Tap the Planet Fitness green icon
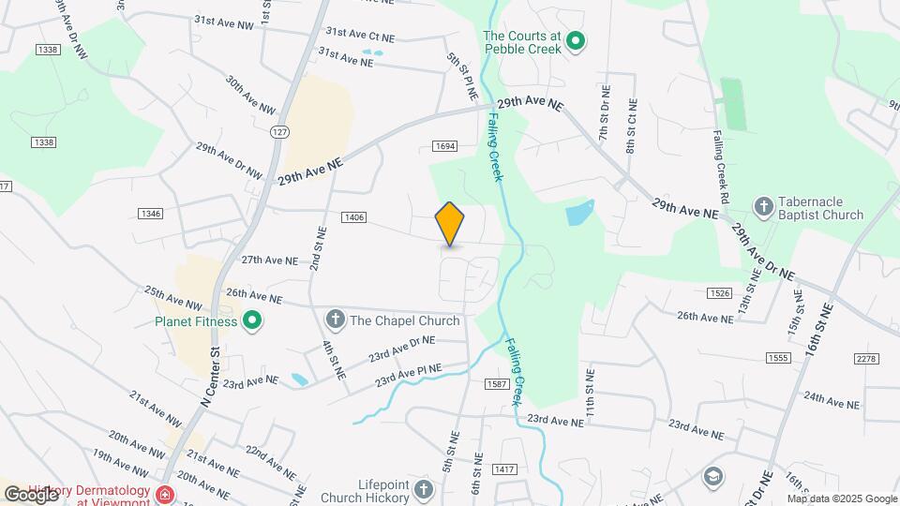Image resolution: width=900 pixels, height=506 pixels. click(x=251, y=321)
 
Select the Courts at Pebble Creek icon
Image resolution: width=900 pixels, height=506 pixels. click(x=577, y=41)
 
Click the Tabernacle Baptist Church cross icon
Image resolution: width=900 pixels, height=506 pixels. click(x=764, y=207)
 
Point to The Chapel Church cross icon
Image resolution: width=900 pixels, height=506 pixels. click(x=335, y=320)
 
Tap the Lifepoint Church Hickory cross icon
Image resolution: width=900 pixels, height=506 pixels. click(x=424, y=490)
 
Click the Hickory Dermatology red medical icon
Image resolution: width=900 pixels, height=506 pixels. click(x=165, y=494)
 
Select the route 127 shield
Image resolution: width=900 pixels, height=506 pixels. click(x=279, y=133)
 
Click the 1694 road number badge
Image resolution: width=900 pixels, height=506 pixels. click(x=444, y=145)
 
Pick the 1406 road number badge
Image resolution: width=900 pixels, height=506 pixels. click(x=353, y=217)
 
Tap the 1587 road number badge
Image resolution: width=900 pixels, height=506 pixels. click(x=497, y=384)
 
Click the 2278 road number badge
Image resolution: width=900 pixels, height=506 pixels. click(x=866, y=359)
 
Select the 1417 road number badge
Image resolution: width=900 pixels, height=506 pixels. click(x=503, y=469)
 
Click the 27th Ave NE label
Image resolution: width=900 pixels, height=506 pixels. click(x=269, y=260)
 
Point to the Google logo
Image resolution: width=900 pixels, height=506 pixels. click(x=31, y=494)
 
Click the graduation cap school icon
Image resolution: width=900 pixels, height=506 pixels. click(x=715, y=476)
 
